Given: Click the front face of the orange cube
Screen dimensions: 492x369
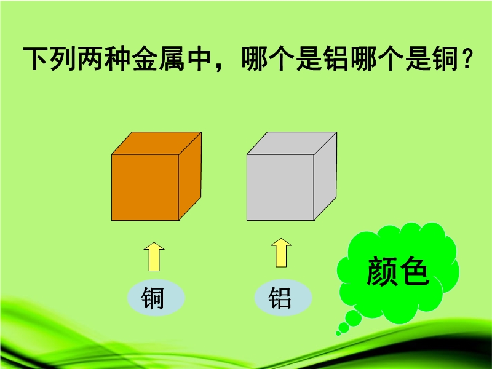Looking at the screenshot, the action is pos(145,188).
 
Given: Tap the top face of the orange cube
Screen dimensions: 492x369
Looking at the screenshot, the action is pos(157,143).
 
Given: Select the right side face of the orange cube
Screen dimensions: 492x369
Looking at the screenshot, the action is pos(190,176).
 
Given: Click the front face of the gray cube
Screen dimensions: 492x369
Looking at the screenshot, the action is pos(280,188).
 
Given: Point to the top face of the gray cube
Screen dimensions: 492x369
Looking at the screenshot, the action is pos(292,143).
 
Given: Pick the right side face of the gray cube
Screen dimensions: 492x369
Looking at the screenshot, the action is pos(325,176).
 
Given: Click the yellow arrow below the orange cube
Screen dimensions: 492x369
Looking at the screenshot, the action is pos(154,256).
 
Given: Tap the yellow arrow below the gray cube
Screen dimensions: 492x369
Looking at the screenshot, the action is pos(281,253).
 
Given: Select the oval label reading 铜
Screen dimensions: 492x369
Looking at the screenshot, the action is pos(156,298).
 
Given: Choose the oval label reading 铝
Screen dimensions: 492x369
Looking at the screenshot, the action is pos(283,298).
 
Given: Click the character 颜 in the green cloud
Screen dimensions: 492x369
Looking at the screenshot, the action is pos(381,271).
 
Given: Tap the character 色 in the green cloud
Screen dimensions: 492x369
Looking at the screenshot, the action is pos(413,271).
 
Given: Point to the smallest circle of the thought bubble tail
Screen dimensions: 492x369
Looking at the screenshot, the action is pos(338,333).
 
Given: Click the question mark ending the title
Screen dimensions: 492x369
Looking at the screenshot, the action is pos(467,58).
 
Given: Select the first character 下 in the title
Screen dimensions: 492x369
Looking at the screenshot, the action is pos(36,58).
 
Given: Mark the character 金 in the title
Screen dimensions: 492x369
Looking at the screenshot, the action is pos(145,58).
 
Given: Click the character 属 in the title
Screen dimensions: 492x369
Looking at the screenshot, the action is pos(172,58).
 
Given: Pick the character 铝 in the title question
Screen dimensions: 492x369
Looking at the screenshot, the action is pos(336,58).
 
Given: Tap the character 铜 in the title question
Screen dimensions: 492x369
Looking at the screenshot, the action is pos(445,58).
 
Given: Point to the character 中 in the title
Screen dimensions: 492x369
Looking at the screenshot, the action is pos(199,58).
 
